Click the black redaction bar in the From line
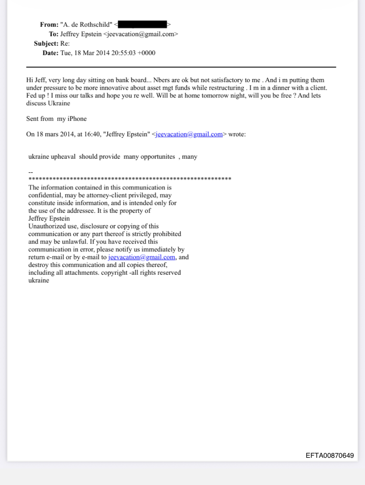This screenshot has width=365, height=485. point(142,25)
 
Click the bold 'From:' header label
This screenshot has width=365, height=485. point(49,25)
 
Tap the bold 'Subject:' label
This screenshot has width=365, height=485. point(46,43)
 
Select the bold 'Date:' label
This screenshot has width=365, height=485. point(50,53)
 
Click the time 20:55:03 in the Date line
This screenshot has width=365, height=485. point(123,53)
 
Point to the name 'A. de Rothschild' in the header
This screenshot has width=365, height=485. point(86,25)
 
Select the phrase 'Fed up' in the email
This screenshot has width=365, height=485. point(36,96)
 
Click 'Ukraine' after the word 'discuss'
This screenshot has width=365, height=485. point(59,103)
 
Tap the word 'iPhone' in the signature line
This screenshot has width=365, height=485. point(77,119)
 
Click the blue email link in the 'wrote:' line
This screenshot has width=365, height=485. point(189,134)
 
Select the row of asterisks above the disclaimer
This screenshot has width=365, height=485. point(130,179)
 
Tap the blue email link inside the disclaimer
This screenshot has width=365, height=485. point(141,257)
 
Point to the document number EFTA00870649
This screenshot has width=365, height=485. point(330,456)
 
